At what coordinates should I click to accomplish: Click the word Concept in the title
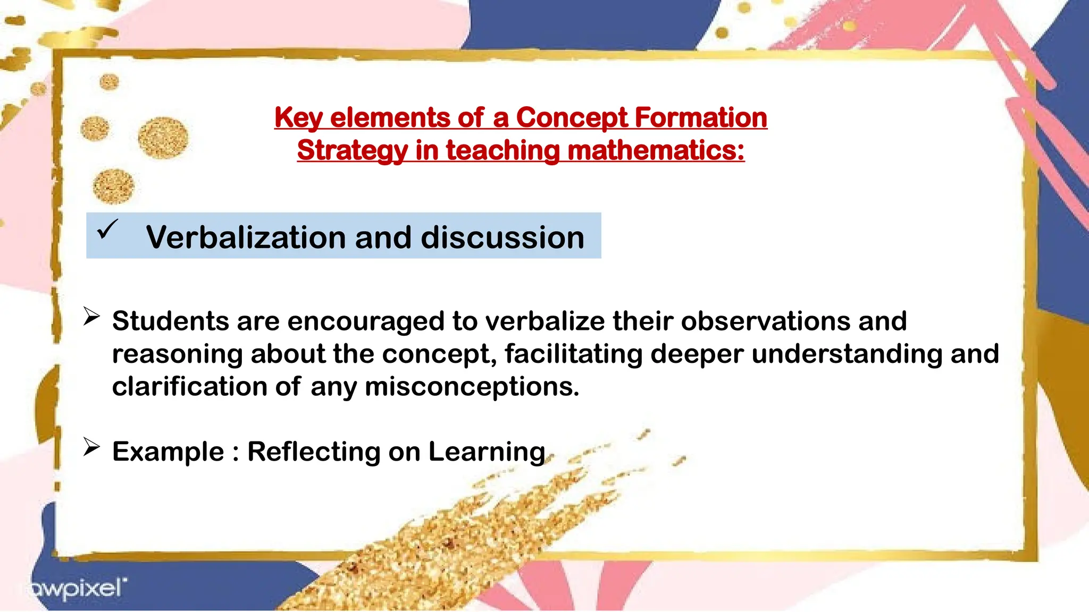click(572, 117)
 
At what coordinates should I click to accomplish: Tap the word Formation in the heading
click(701, 117)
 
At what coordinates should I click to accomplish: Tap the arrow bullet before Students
click(91, 317)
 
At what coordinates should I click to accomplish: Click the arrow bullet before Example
click(91, 447)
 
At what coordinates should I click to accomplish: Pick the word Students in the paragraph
click(170, 321)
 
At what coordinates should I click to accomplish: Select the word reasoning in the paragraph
click(177, 354)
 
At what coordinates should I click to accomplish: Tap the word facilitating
click(573, 354)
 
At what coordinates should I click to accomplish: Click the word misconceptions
click(472, 387)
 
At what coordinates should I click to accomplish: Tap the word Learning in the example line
click(487, 452)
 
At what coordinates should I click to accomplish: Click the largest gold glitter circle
click(163, 138)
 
